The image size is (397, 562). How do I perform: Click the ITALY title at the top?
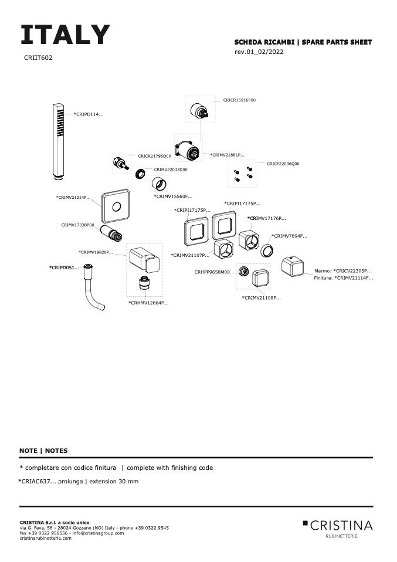tap(65, 35)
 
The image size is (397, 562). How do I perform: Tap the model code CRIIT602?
tap(38, 58)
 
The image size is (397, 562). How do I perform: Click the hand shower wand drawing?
tap(57, 140)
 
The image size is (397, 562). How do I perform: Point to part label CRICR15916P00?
tap(239, 100)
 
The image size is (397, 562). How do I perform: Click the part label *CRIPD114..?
tap(88, 114)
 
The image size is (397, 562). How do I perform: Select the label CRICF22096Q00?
tap(283, 164)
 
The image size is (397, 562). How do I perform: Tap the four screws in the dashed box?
tap(243, 174)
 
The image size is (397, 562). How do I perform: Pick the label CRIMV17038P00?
tap(77, 225)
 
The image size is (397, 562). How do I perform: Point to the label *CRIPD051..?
tap(63, 268)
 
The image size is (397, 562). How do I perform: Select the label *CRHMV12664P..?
tap(148, 303)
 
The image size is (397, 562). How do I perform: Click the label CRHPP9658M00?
tap(212, 272)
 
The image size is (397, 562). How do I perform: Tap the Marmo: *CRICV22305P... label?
tap(343, 271)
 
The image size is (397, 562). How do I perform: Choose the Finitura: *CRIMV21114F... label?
tap(343, 278)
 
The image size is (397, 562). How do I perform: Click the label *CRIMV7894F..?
tap(290, 236)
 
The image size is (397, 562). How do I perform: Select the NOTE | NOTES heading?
tap(43, 451)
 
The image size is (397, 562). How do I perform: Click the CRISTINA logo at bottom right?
tap(338, 526)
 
